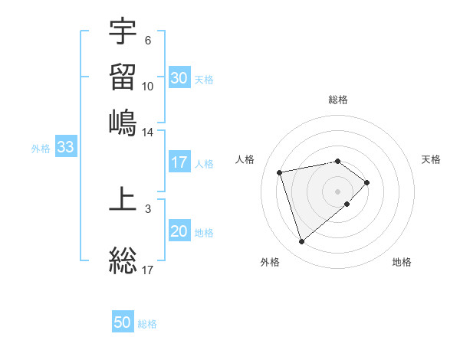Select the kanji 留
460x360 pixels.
point(123,77)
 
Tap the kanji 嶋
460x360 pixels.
point(123,123)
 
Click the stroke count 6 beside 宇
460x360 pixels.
point(148,40)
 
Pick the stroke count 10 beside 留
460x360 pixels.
point(148,86)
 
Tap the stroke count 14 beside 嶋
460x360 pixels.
point(148,132)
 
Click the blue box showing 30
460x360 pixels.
point(179,78)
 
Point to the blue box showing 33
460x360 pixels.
point(65,148)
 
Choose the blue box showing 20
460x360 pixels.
point(179,232)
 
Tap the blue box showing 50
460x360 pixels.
point(123,323)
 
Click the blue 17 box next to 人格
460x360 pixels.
point(179,162)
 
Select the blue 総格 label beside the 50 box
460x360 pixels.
point(147,324)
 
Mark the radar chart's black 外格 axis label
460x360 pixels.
point(270,262)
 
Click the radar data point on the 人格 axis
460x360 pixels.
point(281,172)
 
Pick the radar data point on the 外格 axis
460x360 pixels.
point(302,242)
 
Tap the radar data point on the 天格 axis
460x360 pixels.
point(367,182)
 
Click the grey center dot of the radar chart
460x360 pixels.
point(337,191)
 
